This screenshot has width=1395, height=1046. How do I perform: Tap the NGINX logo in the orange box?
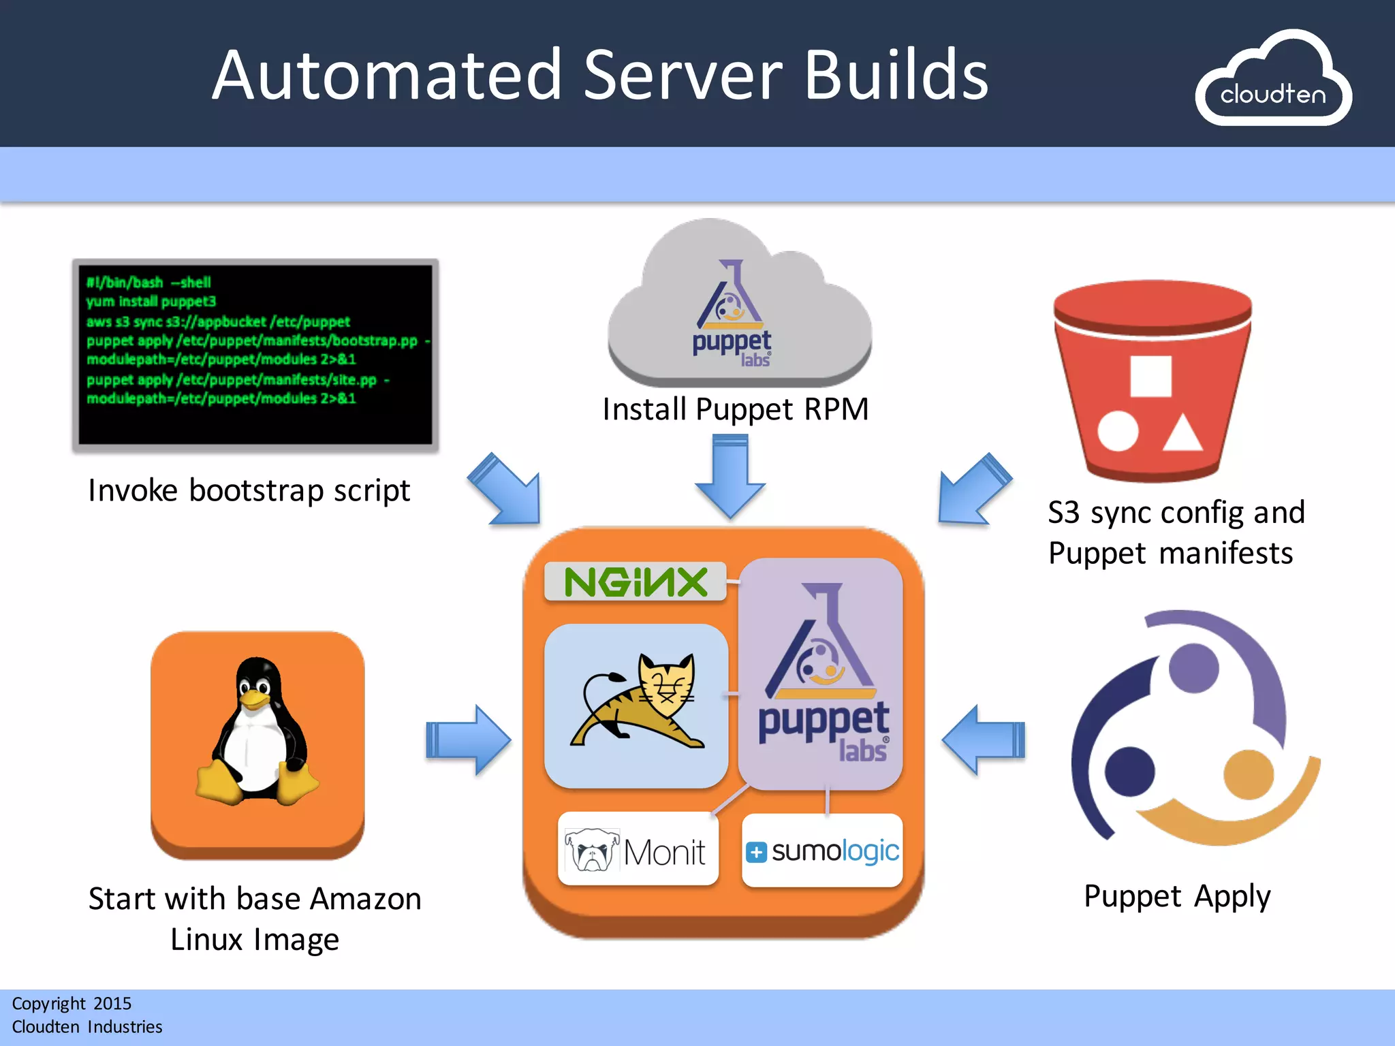tap(636, 582)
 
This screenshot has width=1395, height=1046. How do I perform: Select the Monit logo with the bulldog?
tap(638, 850)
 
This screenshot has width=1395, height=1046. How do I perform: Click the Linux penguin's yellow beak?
tap(253, 699)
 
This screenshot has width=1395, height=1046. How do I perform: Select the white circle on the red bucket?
tap(1118, 431)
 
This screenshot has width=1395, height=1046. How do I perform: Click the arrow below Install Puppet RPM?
tap(730, 477)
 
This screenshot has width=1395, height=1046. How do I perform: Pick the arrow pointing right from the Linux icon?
tap(469, 740)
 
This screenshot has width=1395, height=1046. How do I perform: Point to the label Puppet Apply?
tap(1177, 896)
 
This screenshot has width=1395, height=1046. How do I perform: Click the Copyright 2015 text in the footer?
tap(72, 1003)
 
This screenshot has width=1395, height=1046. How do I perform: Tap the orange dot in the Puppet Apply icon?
tap(1248, 774)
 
